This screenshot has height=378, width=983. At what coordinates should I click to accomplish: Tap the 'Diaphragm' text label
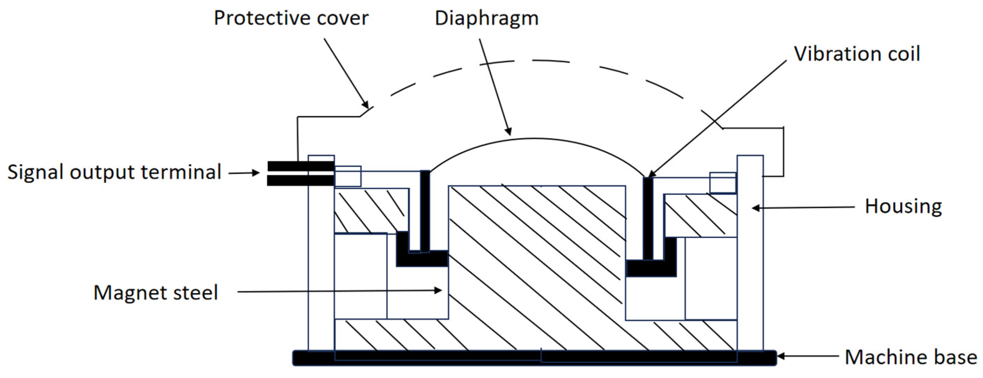coord(487,19)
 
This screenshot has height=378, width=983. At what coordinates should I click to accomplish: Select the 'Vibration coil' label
coord(857,54)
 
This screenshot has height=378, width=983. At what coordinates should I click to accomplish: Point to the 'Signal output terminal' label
coord(114,172)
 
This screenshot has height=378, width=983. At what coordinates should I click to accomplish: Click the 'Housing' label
coord(903,206)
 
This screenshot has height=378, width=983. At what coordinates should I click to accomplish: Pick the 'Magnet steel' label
coord(156,293)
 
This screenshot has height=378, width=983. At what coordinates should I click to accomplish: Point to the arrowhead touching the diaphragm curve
coord(509,132)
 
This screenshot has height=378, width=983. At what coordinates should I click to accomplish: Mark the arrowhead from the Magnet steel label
coord(439,291)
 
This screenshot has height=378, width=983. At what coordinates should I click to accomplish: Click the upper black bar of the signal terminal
coord(301,166)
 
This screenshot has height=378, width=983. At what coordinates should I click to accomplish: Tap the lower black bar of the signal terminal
coord(301,180)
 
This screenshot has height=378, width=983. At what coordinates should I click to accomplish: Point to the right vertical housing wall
coord(750,252)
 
